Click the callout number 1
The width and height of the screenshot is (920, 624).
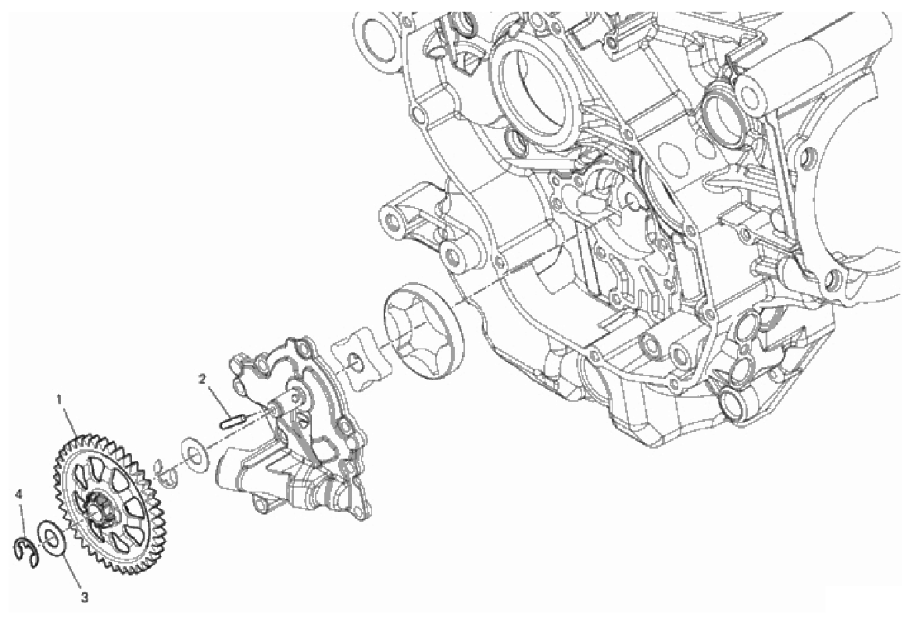[x=58, y=399]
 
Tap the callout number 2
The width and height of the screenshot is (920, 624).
[x=202, y=379]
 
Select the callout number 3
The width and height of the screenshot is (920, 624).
[x=85, y=598]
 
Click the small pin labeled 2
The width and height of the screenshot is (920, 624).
[x=232, y=422]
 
